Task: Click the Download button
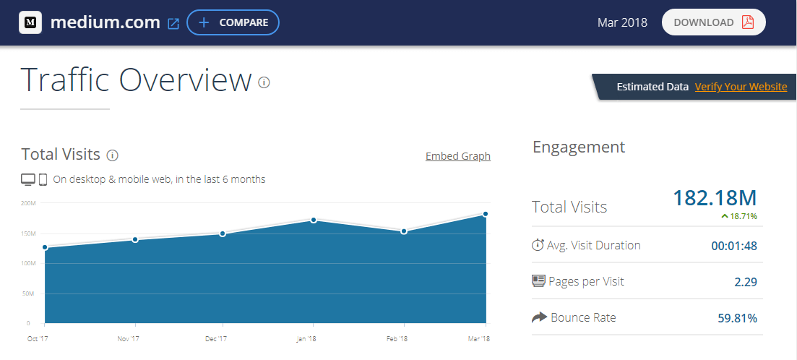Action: pos(713,22)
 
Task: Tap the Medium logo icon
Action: pos(30,22)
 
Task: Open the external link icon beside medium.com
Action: pos(173,23)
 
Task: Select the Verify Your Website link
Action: pos(741,87)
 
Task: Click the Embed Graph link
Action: pos(457,156)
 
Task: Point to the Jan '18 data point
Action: pos(314,220)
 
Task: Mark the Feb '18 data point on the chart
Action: pos(404,231)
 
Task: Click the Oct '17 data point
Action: pos(45,247)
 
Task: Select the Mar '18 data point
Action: pos(486,214)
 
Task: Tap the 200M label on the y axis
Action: pos(29,204)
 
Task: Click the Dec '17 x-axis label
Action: pos(215,339)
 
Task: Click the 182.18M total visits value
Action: pos(714,197)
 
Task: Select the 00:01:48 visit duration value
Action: pos(733,246)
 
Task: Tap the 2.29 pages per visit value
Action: pos(745,282)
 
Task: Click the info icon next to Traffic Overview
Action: pos(264,82)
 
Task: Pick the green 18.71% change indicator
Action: pos(738,216)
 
